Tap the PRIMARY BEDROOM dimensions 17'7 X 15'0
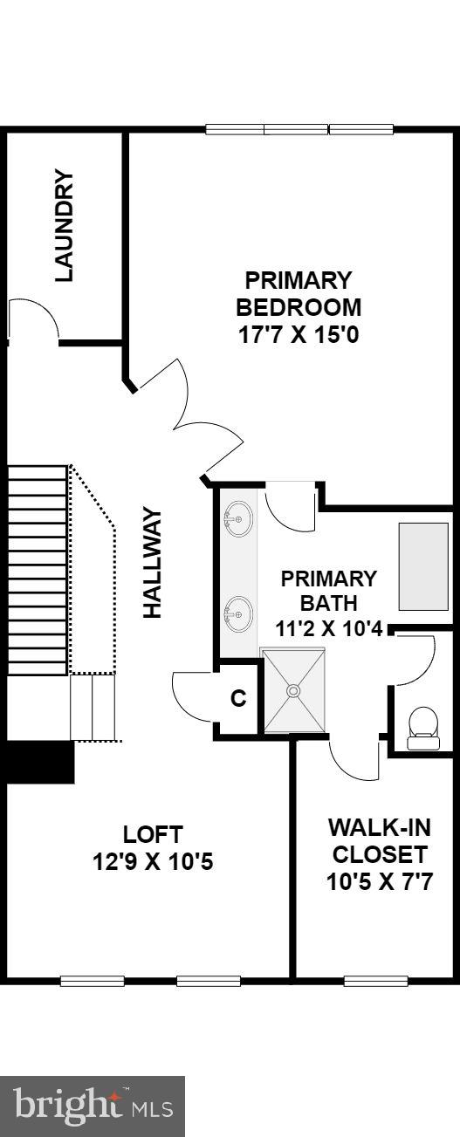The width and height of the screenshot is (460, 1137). click(x=298, y=333)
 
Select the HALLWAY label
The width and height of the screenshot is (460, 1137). click(x=154, y=564)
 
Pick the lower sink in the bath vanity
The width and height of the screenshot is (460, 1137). click(x=237, y=614)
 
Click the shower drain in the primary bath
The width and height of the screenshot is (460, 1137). click(x=293, y=690)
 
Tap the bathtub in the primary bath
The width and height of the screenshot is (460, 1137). click(x=423, y=566)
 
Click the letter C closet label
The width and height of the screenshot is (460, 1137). click(x=237, y=699)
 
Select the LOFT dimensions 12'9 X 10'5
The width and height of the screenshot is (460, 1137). click(x=153, y=862)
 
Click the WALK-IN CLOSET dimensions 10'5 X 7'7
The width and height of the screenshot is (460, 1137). click(x=379, y=881)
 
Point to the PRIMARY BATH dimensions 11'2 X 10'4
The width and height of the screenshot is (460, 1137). click(x=328, y=627)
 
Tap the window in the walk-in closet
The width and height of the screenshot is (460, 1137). click(x=375, y=980)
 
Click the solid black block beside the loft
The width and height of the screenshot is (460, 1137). click(x=38, y=762)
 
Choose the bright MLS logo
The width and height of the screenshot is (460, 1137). click(x=93, y=1106)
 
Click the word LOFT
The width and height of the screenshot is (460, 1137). click(x=153, y=833)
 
